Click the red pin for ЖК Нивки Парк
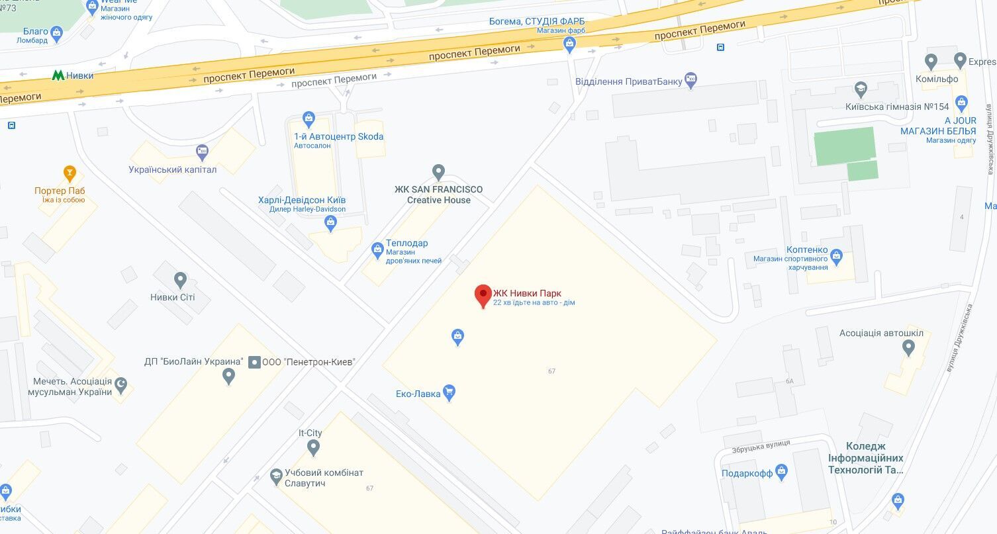(x=483, y=294)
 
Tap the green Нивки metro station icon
(x=58, y=75)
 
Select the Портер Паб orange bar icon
(x=70, y=174)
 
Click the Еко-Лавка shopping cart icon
(x=450, y=393)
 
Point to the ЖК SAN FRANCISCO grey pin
(x=438, y=173)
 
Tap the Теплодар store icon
(x=377, y=249)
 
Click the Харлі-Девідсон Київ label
(x=302, y=200)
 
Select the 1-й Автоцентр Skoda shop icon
(x=309, y=120)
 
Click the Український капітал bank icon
(x=202, y=153)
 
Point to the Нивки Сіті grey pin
(x=180, y=280)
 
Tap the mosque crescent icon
(x=120, y=384)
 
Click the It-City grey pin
(x=314, y=448)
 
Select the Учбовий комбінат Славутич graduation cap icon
(x=277, y=476)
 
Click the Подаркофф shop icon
(x=782, y=472)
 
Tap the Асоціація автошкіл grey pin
(x=908, y=347)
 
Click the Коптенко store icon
(x=836, y=255)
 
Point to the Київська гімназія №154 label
(x=897, y=107)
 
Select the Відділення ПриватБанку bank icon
(x=691, y=81)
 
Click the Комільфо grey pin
(x=931, y=62)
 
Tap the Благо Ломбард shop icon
(x=56, y=32)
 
